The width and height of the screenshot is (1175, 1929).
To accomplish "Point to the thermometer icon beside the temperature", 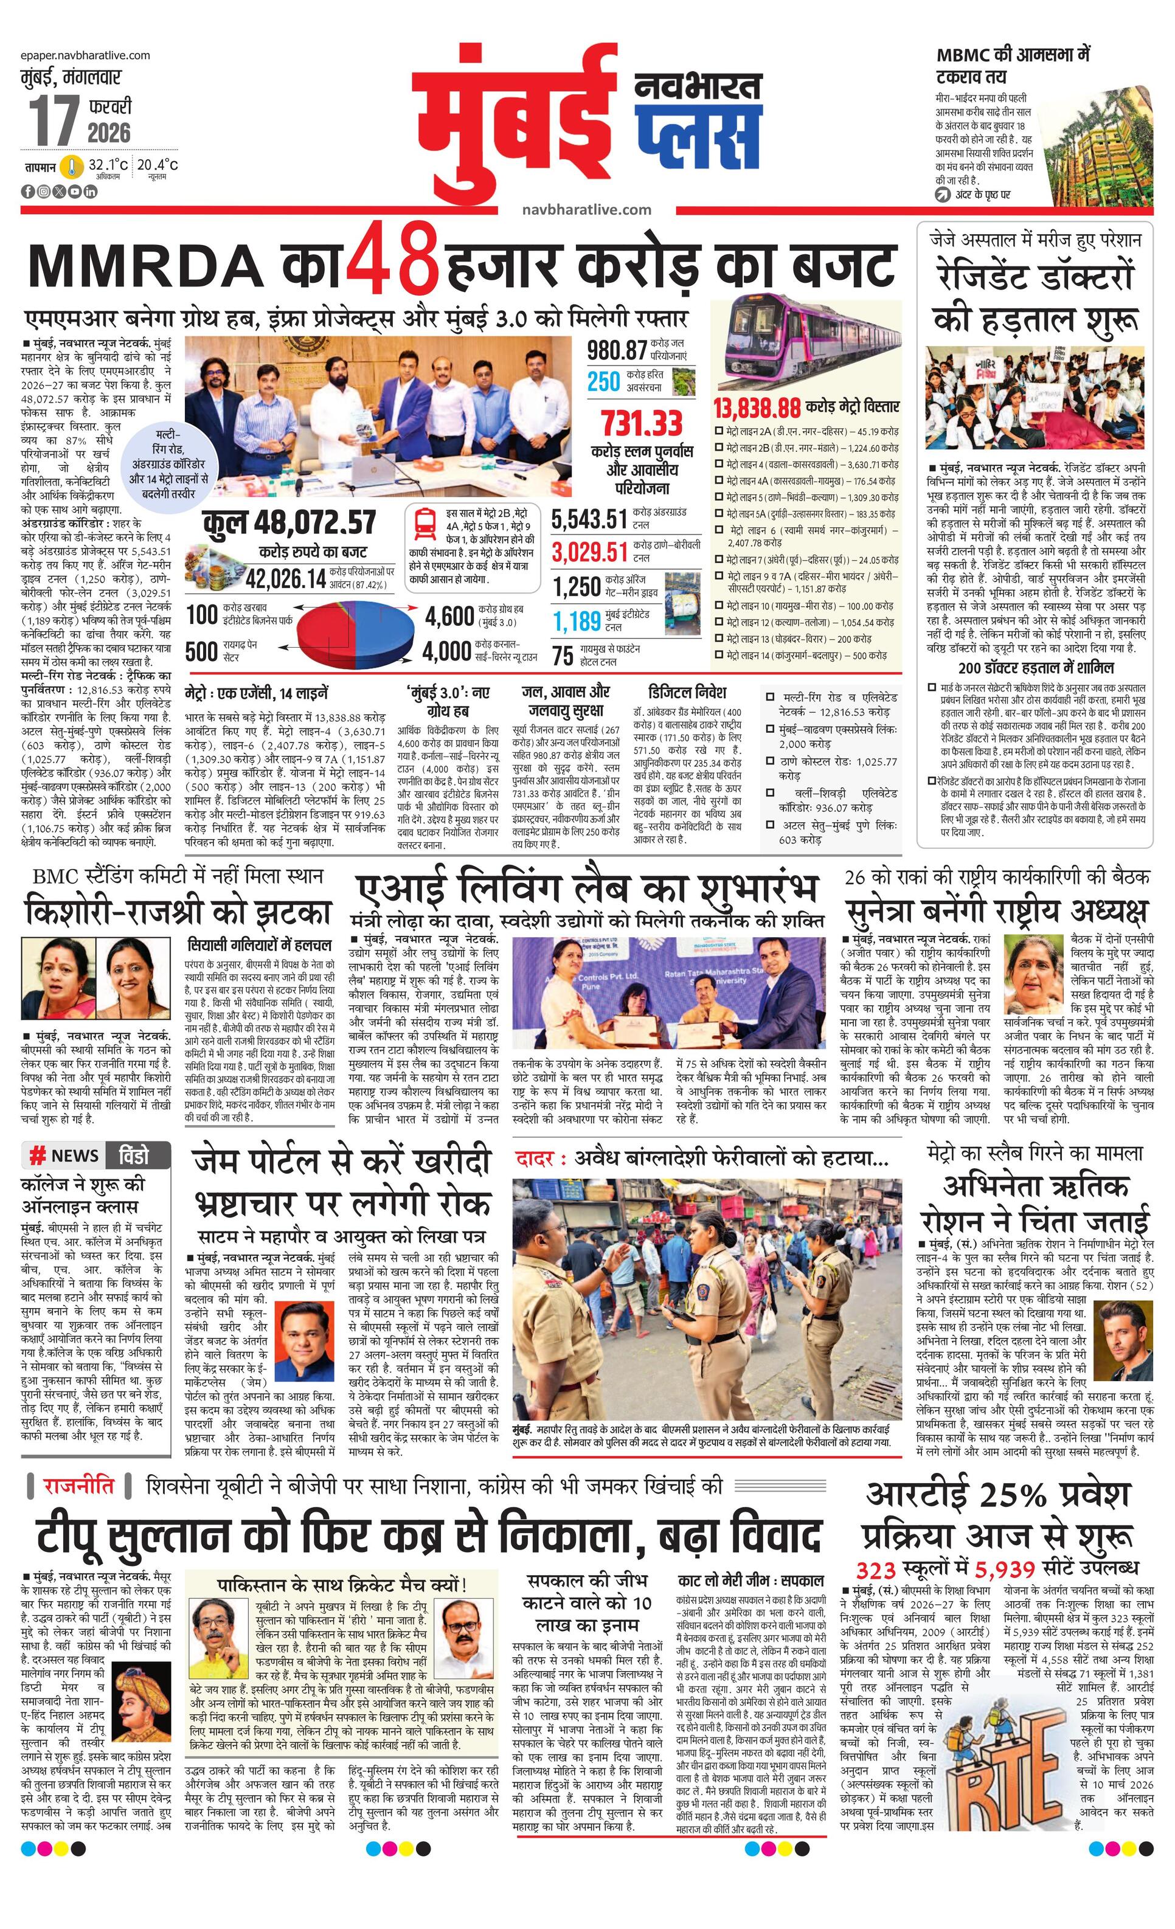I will click(x=73, y=167).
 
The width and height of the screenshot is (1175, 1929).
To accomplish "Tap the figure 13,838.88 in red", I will click(x=756, y=407).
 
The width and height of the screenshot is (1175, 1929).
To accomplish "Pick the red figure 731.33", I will click(x=642, y=423).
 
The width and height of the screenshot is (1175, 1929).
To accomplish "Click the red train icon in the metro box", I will click(x=425, y=523).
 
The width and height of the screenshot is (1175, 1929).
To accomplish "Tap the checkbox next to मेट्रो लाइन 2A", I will click(x=719, y=431).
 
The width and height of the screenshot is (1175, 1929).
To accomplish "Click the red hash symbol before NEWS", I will click(x=36, y=1155).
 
